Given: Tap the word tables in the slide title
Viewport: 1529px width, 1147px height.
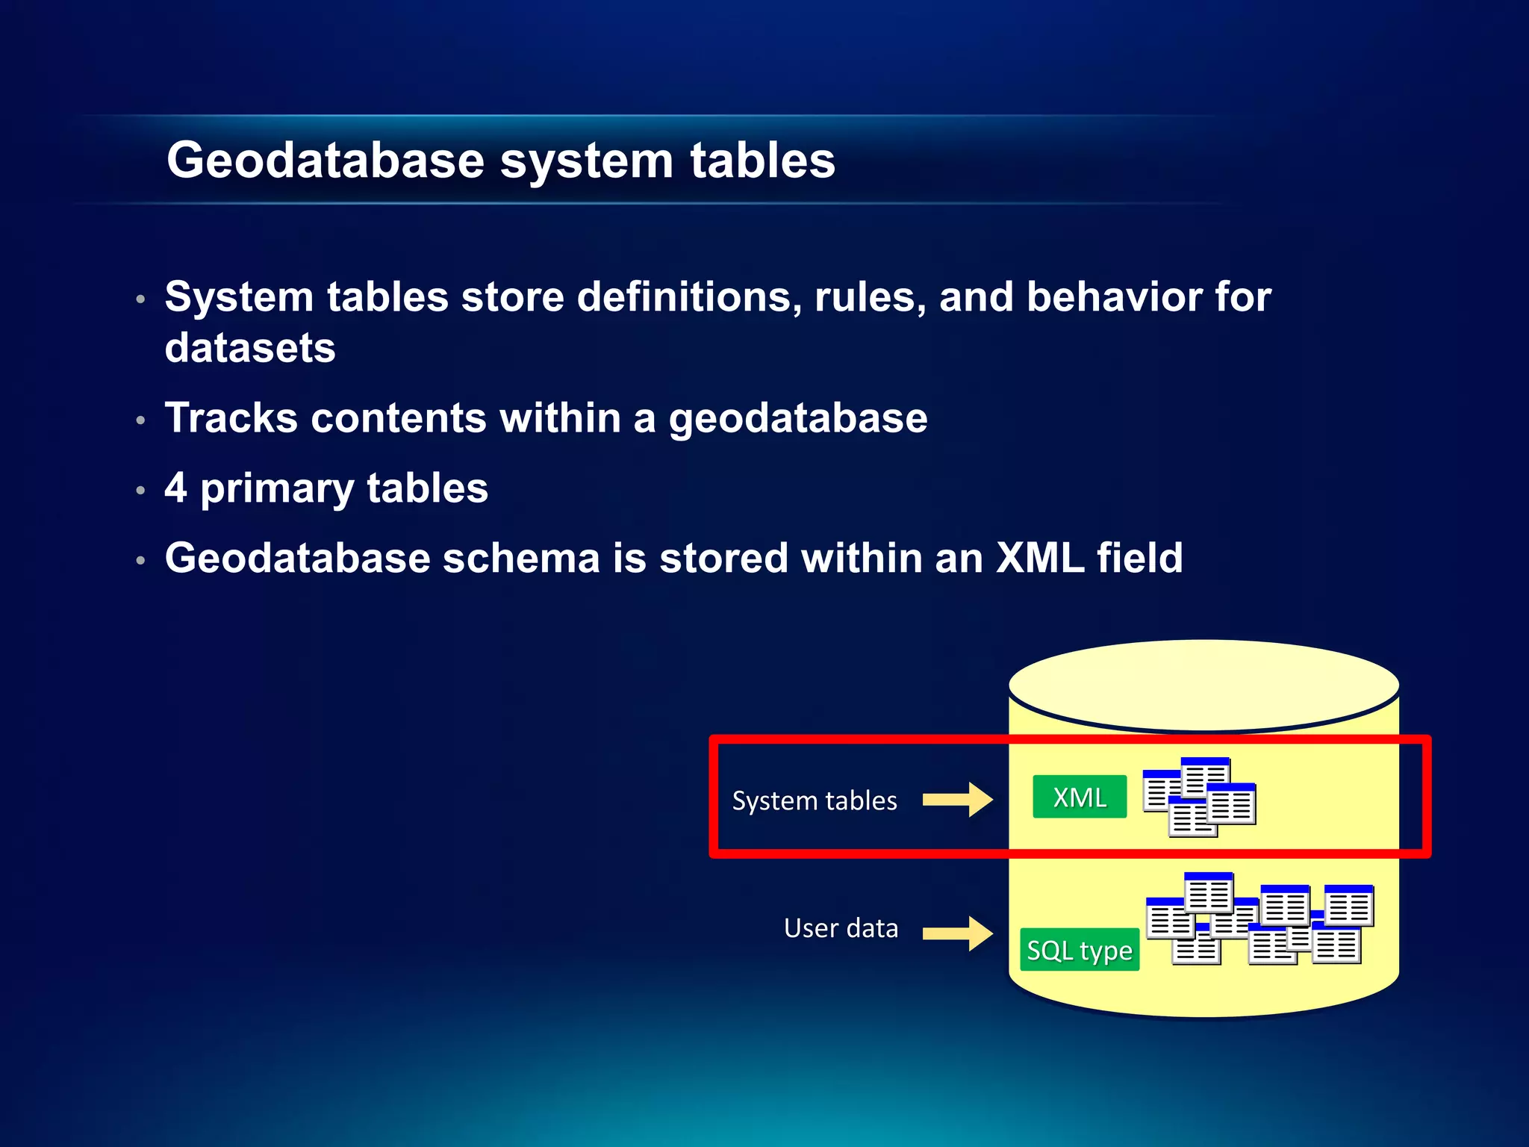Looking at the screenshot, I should pos(762,161).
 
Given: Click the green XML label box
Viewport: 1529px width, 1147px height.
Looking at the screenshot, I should pos(1079,797).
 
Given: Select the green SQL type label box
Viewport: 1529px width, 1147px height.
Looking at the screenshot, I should pos(1079,950).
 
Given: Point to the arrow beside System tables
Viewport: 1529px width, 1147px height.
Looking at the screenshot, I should pos(958,800).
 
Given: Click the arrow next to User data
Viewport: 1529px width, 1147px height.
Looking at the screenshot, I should pos(958,933).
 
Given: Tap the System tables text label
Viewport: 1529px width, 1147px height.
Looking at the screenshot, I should pos(814,801).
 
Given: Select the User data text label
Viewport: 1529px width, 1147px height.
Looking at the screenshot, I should pos(841,928).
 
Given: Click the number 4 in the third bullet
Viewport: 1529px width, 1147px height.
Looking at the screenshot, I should pos(176,487).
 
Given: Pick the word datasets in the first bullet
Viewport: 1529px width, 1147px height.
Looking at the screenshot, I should pos(250,348).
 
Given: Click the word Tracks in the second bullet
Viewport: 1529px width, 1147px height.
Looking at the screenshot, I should pos(231,417).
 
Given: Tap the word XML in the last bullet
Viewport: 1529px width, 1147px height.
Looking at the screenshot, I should pos(1040,558).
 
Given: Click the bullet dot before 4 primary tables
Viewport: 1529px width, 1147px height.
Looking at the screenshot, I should pos(140,491).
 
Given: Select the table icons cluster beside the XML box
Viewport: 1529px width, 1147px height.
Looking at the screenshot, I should pos(1199,797).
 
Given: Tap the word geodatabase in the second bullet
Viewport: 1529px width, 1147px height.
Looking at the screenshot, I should pos(797,417).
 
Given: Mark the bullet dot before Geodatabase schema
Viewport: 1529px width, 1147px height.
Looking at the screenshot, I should pos(140,561).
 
